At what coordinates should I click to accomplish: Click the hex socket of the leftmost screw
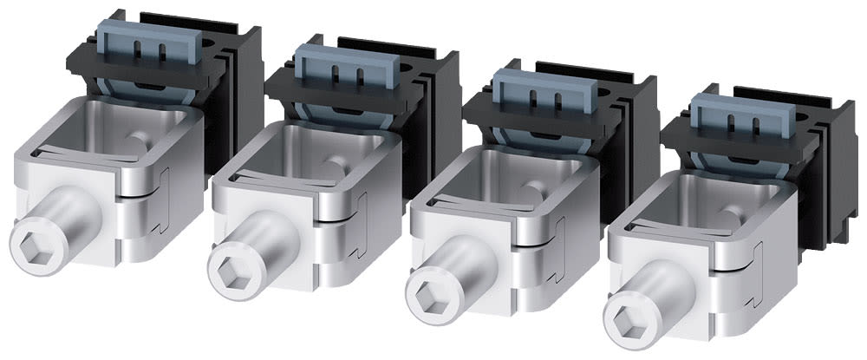[x=31, y=239]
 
